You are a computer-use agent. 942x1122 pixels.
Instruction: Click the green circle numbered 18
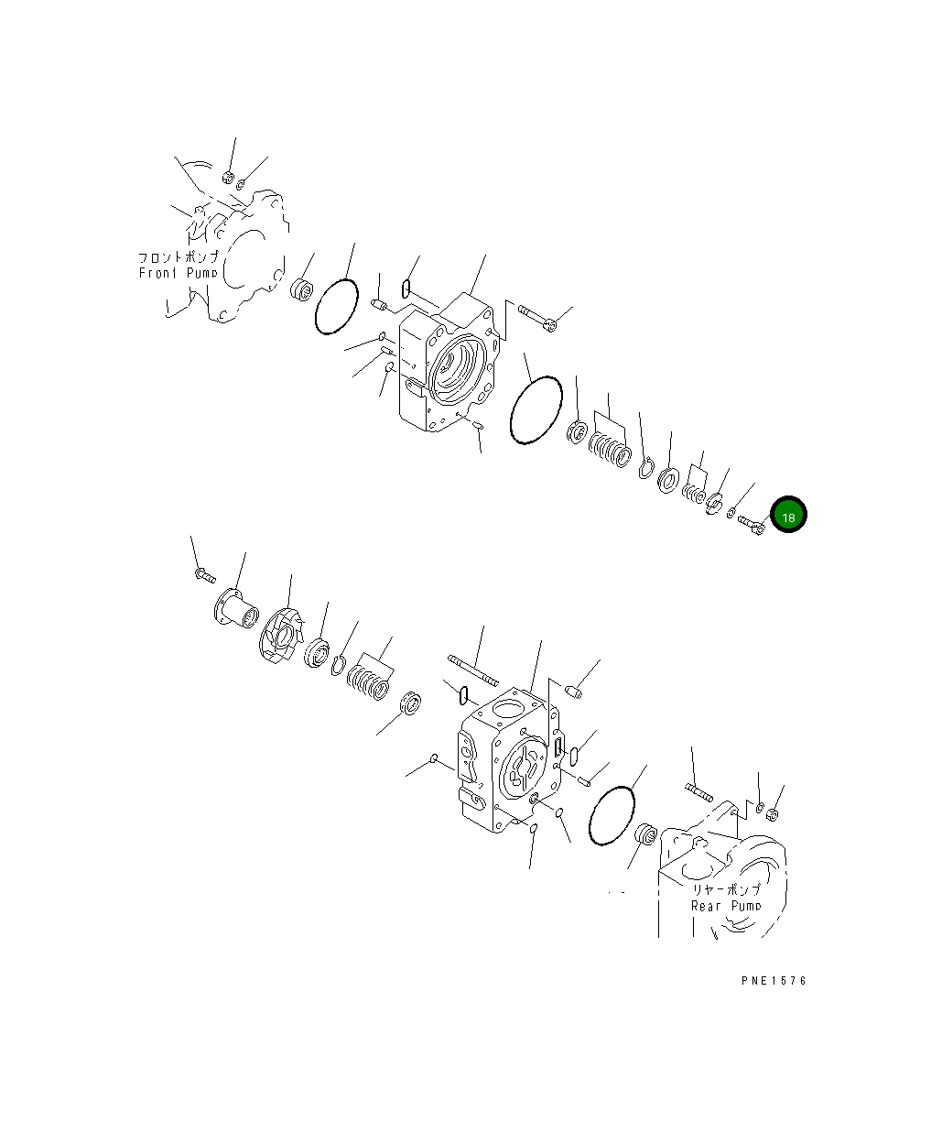click(788, 514)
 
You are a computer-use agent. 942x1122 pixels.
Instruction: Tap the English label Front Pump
click(179, 273)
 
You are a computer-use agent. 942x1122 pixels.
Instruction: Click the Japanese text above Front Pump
click(179, 257)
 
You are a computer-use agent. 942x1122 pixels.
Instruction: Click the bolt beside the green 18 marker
click(752, 525)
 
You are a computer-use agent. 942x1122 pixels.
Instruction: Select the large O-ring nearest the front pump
click(336, 306)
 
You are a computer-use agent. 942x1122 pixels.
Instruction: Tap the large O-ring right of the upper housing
click(536, 410)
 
